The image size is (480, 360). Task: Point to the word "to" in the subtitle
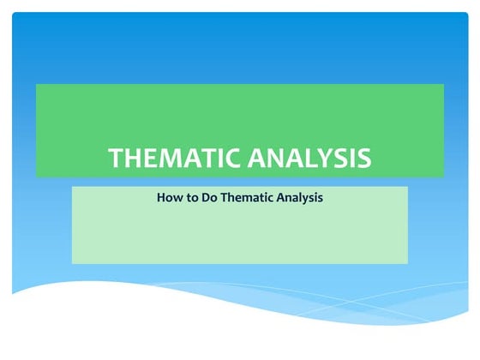point(189,198)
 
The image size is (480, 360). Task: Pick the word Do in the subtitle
point(207,198)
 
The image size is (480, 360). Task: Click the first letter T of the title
point(117,159)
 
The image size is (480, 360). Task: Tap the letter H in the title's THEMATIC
point(135,159)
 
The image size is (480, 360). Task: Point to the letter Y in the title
point(333,159)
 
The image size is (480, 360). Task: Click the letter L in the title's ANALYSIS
point(317,159)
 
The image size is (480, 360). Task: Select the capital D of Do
point(204,198)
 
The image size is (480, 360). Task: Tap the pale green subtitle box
point(240,236)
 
